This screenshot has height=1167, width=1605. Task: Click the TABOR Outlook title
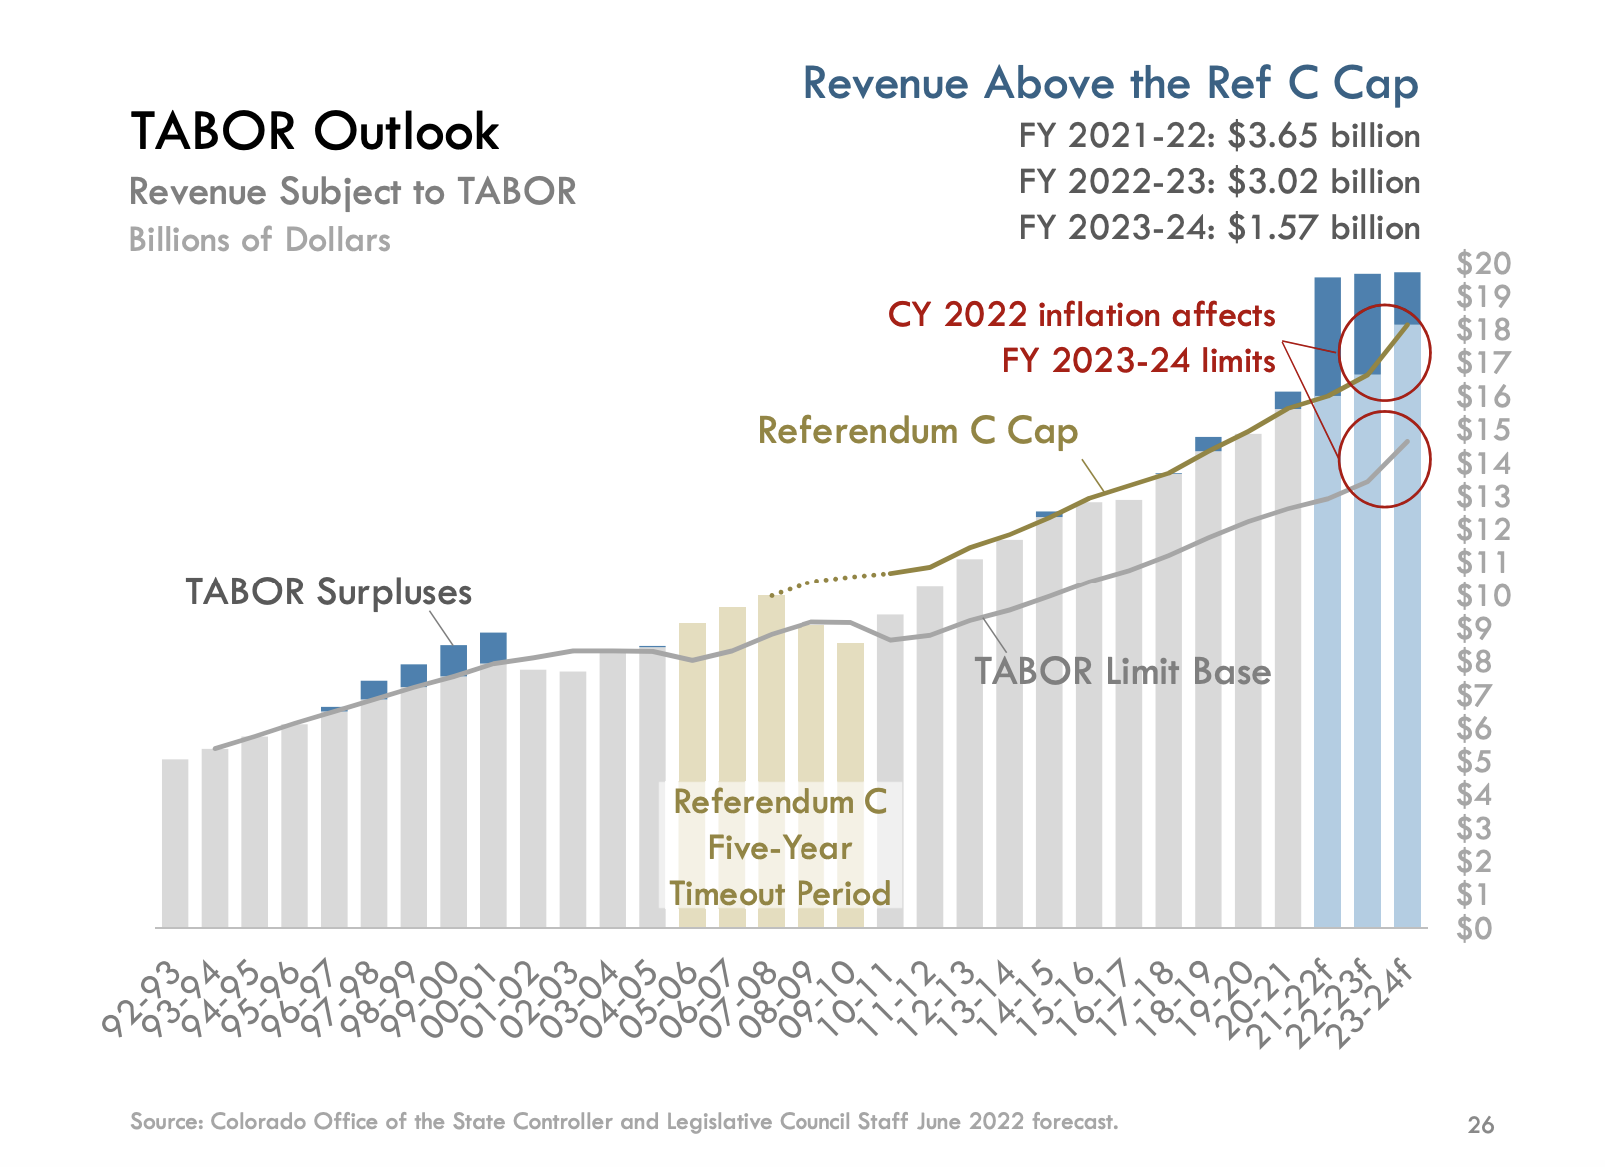pyautogui.click(x=314, y=131)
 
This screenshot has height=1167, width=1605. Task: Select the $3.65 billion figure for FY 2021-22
pyautogui.click(x=1323, y=136)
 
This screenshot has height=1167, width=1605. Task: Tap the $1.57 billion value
pyautogui.click(x=1323, y=228)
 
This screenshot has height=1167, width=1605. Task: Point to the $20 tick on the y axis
pyautogui.click(x=1483, y=263)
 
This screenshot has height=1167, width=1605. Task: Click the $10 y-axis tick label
pyautogui.click(x=1483, y=595)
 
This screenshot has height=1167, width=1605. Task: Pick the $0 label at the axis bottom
pyautogui.click(x=1475, y=928)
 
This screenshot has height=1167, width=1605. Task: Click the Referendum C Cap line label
pyautogui.click(x=917, y=431)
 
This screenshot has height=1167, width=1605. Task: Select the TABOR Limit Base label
pyautogui.click(x=1122, y=671)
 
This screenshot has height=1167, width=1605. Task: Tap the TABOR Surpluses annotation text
pyautogui.click(x=328, y=591)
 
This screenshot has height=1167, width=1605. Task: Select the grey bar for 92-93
pyautogui.click(x=175, y=843)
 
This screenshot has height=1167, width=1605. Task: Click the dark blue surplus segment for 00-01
pyautogui.click(x=493, y=646)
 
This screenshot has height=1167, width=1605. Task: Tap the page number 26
pyautogui.click(x=1480, y=1125)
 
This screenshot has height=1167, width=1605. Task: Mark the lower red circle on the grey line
pyautogui.click(x=1384, y=459)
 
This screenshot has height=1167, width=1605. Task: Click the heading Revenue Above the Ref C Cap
pyautogui.click(x=1110, y=83)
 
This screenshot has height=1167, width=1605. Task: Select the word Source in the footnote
pyautogui.click(x=166, y=1121)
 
